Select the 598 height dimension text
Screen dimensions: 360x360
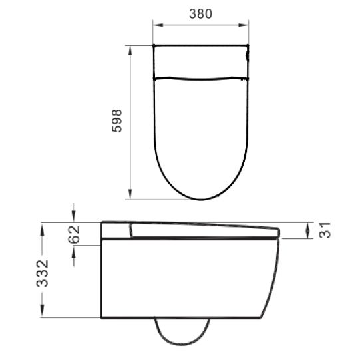coord(117,122)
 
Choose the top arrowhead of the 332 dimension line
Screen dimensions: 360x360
coord(44,226)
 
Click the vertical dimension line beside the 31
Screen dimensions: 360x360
coord(307,230)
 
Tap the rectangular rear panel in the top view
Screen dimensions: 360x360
coord(201,61)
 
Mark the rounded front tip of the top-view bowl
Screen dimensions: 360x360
coord(201,197)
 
